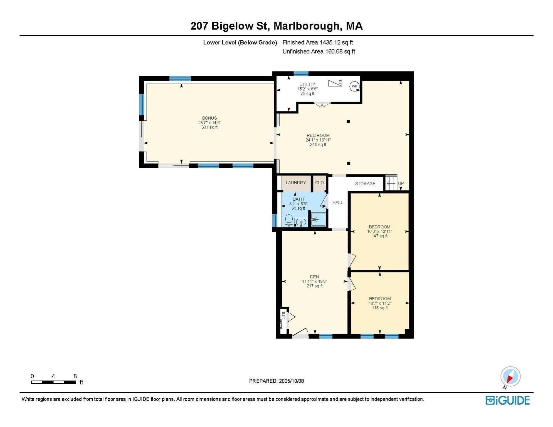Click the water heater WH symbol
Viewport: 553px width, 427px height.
[x=354, y=86]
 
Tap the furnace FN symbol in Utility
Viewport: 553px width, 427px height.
[x=335, y=83]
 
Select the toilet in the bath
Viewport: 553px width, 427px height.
[x=289, y=221]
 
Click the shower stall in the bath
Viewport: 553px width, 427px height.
[x=318, y=220]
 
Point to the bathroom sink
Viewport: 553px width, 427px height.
[x=301, y=222]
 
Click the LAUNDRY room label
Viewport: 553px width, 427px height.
[x=296, y=183]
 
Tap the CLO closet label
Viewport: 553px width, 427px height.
[x=319, y=183]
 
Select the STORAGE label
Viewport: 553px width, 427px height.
[x=365, y=184]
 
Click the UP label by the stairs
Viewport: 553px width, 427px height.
[x=401, y=183]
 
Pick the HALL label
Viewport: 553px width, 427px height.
[x=337, y=202]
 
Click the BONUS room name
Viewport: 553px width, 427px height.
[x=209, y=118]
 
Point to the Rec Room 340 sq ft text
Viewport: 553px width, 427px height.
[x=318, y=145]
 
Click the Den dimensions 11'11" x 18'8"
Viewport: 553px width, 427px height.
[x=314, y=281]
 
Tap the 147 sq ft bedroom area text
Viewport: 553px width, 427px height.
[x=379, y=236]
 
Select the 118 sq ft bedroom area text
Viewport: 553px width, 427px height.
[x=380, y=308]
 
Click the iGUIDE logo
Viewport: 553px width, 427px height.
[x=507, y=401]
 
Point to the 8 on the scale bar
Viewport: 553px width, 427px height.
[x=75, y=376]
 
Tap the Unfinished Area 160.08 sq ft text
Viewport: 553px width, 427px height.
[x=319, y=51]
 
